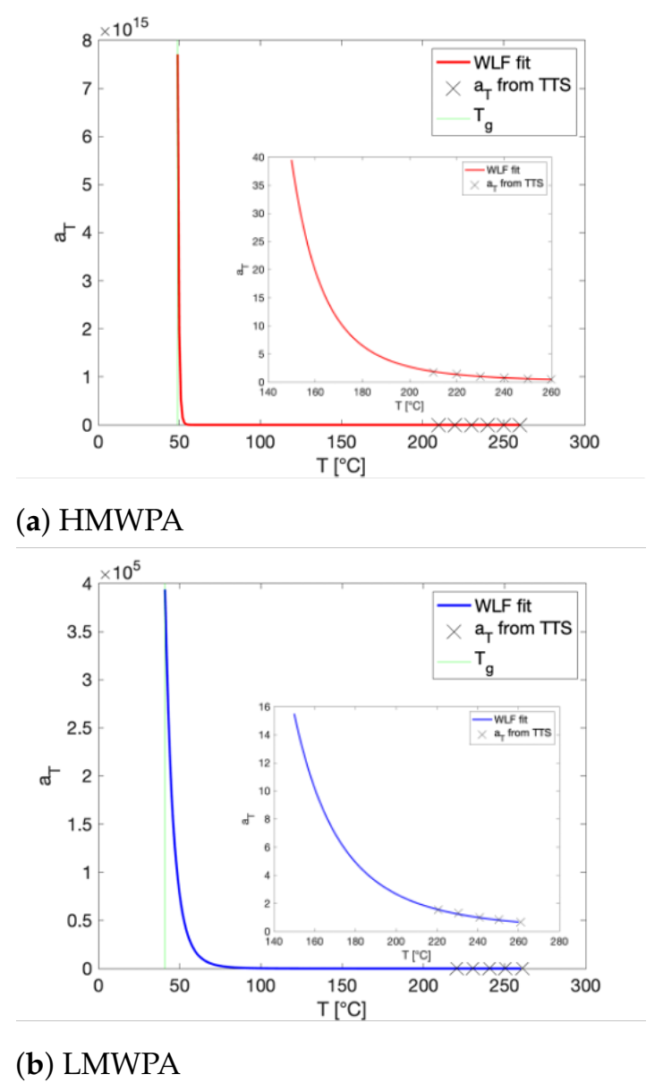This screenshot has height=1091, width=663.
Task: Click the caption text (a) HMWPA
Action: (x=99, y=520)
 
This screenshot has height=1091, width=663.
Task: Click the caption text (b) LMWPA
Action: (x=98, y=1064)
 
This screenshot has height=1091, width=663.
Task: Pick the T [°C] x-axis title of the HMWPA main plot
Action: (x=341, y=466)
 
